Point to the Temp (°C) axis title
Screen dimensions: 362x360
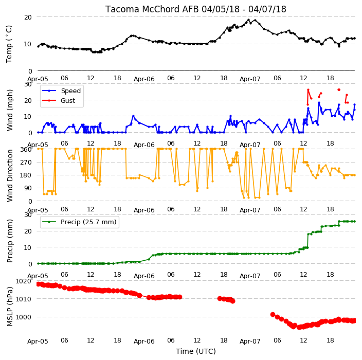click(9, 44)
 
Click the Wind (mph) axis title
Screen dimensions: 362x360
click(10, 110)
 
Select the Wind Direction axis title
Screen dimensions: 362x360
click(10, 175)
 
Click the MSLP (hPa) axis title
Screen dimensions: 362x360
click(10, 307)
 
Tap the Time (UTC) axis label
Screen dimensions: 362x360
click(196, 351)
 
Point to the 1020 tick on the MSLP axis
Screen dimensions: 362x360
click(23, 281)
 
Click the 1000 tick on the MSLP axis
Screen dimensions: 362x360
click(23, 317)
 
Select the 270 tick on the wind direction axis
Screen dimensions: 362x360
click(26, 163)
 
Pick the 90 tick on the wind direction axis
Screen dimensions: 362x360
click(28, 188)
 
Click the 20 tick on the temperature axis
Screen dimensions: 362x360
click(28, 17)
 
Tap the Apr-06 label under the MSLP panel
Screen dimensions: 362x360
click(144, 341)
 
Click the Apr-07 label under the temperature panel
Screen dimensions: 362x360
click(250, 79)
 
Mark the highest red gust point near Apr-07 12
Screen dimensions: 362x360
click(308, 90)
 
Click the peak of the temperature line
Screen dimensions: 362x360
click(249, 20)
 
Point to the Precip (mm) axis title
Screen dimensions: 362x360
click(10, 241)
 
